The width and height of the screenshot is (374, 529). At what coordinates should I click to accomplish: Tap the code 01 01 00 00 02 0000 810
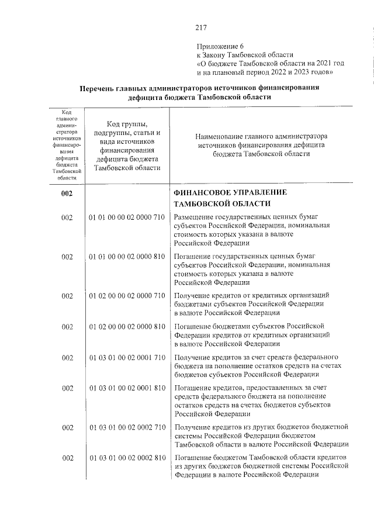pyautogui.click(x=127, y=257)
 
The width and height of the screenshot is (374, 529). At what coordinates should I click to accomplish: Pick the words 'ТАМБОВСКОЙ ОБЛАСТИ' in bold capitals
pyautogui.click(x=222, y=203)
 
